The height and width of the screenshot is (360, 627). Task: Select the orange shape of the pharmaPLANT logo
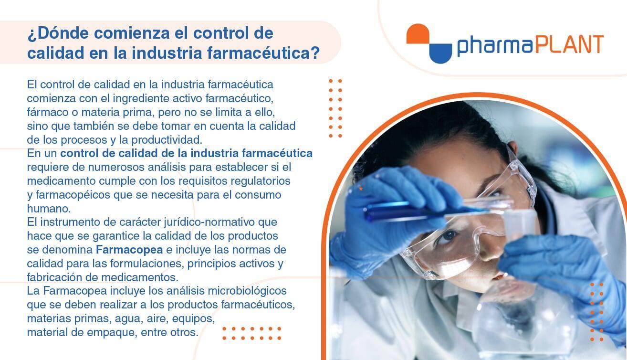[418, 33]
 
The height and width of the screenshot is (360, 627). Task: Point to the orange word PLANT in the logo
[569, 44]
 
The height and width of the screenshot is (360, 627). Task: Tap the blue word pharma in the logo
[494, 46]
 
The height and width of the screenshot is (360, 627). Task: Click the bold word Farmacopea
[129, 249]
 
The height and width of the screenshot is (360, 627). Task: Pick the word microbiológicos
[247, 291]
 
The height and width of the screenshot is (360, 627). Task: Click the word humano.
[49, 209]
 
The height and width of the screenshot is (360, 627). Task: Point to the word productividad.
[167, 140]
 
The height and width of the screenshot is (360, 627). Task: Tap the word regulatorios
[261, 181]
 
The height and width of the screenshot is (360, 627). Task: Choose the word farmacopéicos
[73, 195]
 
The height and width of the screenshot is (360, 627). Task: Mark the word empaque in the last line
[112, 332]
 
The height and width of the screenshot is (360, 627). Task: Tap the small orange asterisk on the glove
[361, 189]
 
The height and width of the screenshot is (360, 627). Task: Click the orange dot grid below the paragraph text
[251, 333]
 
